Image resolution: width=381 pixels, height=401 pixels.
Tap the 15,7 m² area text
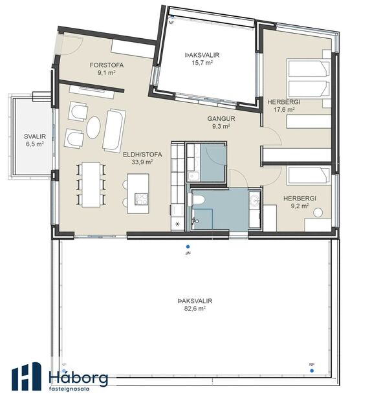point(201,63)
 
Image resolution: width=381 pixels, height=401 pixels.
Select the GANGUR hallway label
point(221,119)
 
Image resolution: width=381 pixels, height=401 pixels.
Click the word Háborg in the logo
point(78,378)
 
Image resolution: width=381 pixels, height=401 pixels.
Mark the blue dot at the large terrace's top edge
point(188,246)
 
